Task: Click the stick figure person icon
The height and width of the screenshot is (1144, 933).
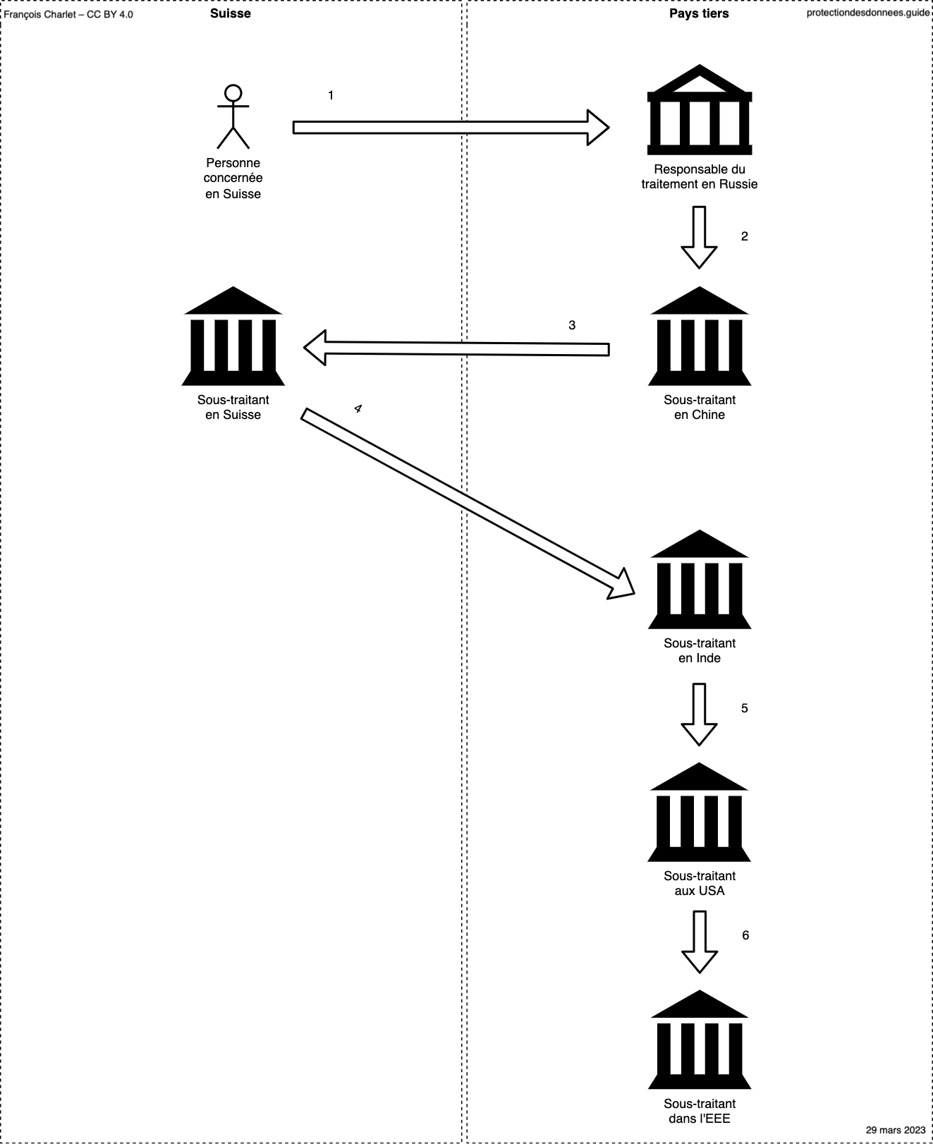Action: [233, 116]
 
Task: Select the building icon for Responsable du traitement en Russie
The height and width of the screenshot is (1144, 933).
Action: [700, 109]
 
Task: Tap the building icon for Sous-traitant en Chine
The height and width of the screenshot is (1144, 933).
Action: [700, 336]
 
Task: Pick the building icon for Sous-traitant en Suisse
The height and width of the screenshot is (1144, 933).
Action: [233, 336]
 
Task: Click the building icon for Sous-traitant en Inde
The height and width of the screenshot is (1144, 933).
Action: [700, 579]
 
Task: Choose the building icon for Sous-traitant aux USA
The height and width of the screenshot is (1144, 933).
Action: [700, 812]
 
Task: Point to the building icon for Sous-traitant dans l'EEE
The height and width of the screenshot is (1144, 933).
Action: [700, 1040]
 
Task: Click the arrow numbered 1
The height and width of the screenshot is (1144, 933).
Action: [451, 127]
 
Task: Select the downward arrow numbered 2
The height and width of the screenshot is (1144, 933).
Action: [699, 237]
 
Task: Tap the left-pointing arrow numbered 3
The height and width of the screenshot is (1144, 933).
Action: [456, 348]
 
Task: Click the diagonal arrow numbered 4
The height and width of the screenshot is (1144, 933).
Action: [468, 504]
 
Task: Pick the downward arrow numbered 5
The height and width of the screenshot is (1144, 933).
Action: [699, 714]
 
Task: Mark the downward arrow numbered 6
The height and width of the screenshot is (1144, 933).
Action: [699, 942]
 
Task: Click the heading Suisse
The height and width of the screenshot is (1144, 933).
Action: [231, 13]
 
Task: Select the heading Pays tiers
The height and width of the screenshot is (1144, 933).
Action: [699, 13]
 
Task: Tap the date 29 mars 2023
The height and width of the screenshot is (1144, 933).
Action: [896, 1130]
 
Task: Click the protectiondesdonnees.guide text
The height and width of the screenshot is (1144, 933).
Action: [868, 13]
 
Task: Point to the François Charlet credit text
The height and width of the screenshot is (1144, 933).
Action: [68, 14]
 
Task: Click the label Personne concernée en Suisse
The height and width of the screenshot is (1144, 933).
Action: [233, 178]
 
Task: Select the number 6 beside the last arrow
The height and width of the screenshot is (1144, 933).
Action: [745, 935]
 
